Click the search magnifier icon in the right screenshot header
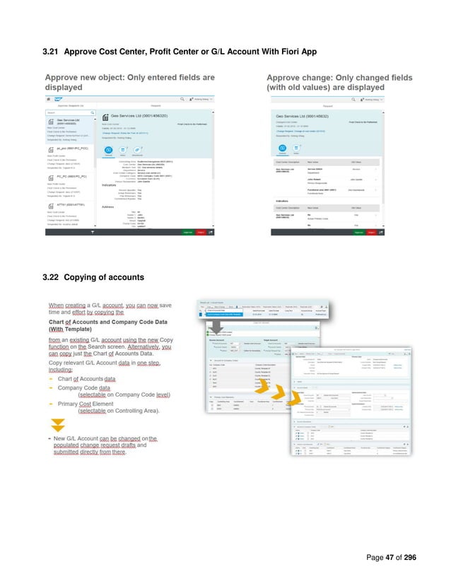tap(402, 100)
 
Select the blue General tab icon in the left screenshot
tap(110, 150)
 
